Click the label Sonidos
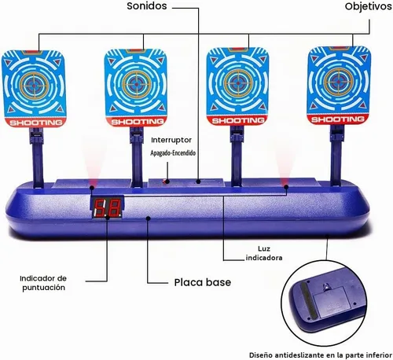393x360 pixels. (147, 6)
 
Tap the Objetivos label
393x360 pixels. (368, 6)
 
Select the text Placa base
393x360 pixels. (203, 282)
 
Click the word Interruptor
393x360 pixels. (171, 140)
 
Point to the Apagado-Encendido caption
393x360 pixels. (173, 153)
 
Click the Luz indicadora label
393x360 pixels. (264, 253)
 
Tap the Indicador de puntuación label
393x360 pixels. (43, 283)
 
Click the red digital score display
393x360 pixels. (108, 208)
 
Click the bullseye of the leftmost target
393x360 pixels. (35, 84)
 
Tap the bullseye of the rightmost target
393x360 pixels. (336, 82)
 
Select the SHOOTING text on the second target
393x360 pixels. (138, 122)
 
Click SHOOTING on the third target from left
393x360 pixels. (238, 121)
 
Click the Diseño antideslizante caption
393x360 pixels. (320, 355)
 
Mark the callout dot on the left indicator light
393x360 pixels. (92, 187)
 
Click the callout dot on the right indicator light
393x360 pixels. (286, 187)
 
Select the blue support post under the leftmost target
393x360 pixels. (38, 157)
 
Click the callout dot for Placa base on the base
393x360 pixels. (149, 218)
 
